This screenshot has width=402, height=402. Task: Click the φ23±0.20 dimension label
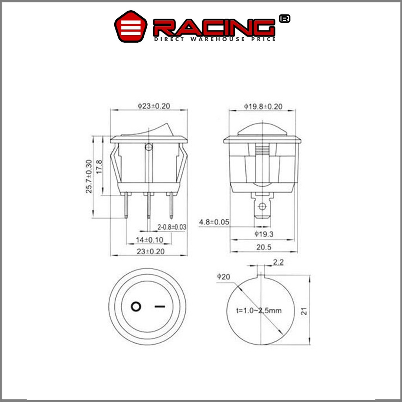click(154, 106)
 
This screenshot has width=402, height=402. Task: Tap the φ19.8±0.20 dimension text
click(263, 106)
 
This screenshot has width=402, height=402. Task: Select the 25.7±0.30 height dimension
click(89, 176)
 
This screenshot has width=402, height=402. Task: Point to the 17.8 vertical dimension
click(99, 167)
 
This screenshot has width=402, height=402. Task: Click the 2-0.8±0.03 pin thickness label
click(172, 227)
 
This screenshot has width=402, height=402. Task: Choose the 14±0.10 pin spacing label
click(150, 240)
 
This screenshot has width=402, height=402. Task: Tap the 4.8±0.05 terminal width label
click(214, 222)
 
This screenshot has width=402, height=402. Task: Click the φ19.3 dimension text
click(264, 234)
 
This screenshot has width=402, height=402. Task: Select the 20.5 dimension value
click(264, 247)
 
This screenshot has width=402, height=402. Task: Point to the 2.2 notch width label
click(278, 262)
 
